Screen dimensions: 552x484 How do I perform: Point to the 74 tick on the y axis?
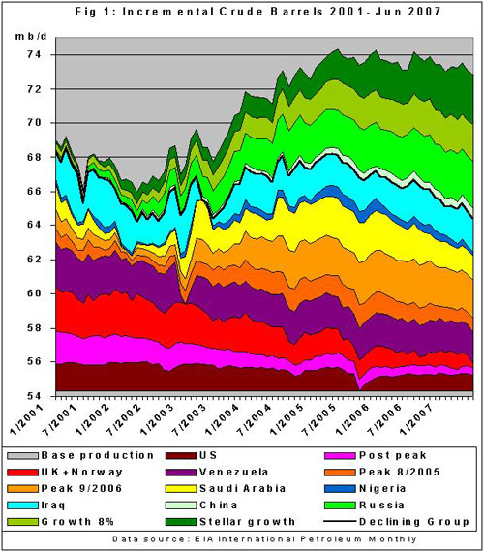tap(37, 54)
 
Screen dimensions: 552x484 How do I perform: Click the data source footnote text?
tap(242, 537)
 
